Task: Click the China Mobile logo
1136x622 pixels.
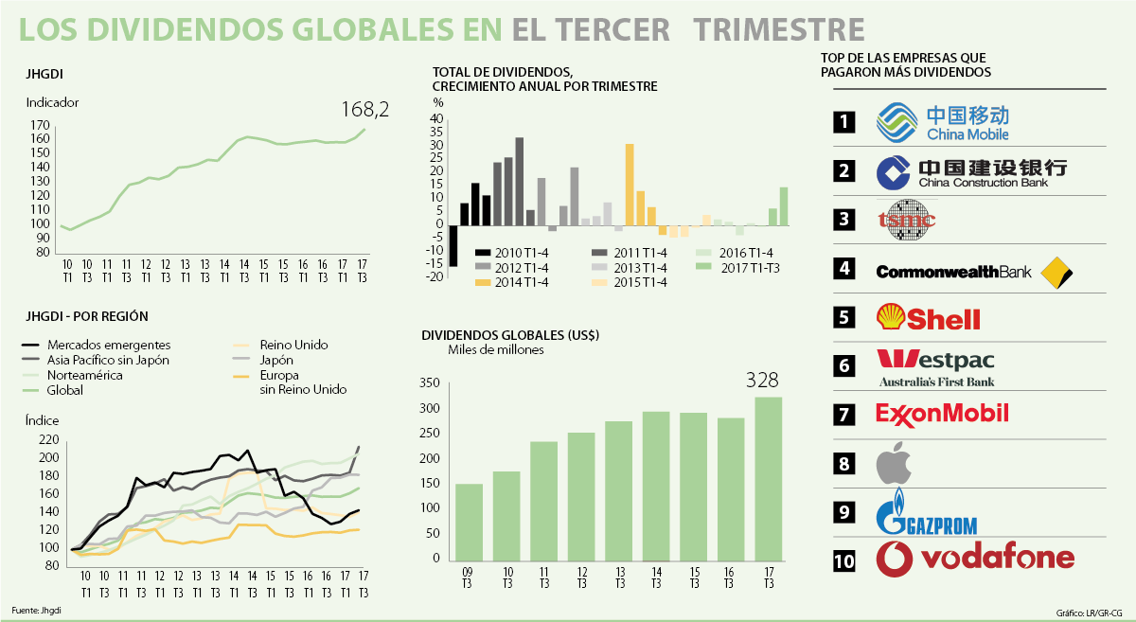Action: point(942,122)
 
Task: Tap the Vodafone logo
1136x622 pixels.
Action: point(976,559)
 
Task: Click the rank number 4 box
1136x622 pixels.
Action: point(844,269)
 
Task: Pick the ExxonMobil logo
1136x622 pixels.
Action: point(942,414)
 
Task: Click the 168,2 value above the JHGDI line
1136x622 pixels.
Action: point(365,110)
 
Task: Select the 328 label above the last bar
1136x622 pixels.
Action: point(761,381)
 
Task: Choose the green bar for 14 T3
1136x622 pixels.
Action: point(656,487)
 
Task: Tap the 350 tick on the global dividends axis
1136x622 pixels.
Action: point(429,383)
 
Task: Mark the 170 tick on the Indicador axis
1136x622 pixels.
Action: point(40,125)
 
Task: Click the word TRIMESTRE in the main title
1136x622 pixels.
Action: point(778,29)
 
